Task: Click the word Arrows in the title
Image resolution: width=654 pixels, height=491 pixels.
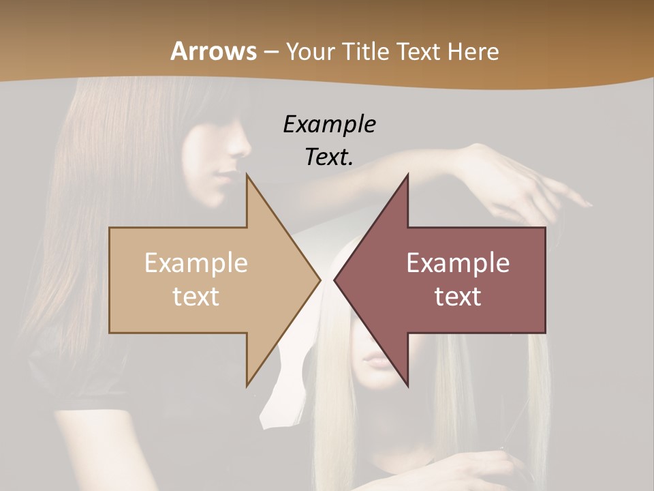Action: (213, 51)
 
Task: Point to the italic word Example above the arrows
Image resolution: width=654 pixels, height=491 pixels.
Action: (329, 124)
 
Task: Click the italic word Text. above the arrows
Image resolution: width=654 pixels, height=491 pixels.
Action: (329, 157)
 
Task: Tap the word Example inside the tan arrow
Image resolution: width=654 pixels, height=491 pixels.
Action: (196, 263)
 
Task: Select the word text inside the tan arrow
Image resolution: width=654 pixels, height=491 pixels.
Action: (196, 296)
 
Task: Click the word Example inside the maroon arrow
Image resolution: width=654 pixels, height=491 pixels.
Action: (458, 263)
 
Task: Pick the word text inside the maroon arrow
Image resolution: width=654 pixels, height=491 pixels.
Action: (458, 296)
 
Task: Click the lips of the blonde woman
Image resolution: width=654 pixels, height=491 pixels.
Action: (374, 360)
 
